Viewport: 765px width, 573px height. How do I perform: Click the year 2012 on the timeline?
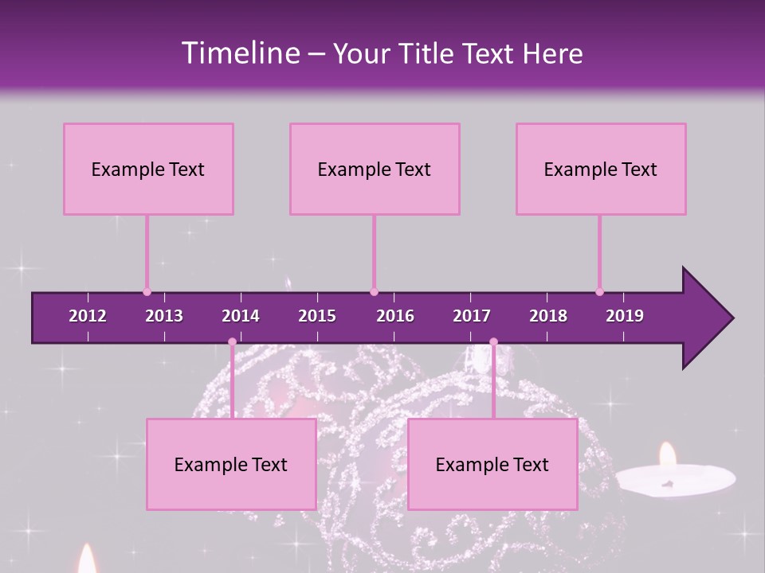[x=88, y=316]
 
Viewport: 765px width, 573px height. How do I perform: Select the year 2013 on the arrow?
[x=164, y=316]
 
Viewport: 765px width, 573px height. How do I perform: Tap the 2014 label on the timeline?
[x=241, y=316]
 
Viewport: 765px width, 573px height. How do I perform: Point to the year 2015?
[x=317, y=316]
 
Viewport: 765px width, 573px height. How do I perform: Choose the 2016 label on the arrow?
[x=395, y=316]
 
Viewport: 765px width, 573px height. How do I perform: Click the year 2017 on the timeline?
[x=472, y=316]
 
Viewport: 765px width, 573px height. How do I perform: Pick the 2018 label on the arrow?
[x=548, y=316]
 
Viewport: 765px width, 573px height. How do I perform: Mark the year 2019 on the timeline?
[x=625, y=316]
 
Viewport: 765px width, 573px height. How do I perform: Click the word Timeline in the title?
[x=240, y=53]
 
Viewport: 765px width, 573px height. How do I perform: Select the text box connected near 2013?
[x=148, y=169]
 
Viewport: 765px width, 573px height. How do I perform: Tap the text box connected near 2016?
[x=375, y=169]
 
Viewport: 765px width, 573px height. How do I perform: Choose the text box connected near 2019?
[x=601, y=169]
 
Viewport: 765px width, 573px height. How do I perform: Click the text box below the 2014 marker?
[x=231, y=464]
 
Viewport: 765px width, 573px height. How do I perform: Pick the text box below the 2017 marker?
[x=492, y=464]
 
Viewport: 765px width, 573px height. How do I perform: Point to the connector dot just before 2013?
[x=147, y=292]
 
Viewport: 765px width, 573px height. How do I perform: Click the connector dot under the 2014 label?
[x=232, y=342]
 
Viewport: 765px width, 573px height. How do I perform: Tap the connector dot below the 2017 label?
[x=493, y=342]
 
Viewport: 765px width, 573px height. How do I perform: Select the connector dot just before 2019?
[x=599, y=292]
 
